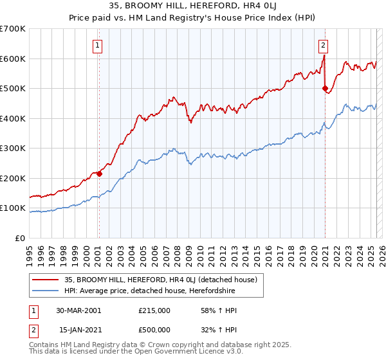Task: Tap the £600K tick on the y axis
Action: (12, 59)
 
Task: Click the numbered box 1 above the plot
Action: (98, 45)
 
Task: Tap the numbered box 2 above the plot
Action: (323, 45)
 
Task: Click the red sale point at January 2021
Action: (325, 88)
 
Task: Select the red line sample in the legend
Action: (45, 280)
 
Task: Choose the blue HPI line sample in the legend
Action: (45, 291)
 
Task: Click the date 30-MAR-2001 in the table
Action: (79, 310)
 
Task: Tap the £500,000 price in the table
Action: (154, 330)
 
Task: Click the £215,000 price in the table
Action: (154, 310)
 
